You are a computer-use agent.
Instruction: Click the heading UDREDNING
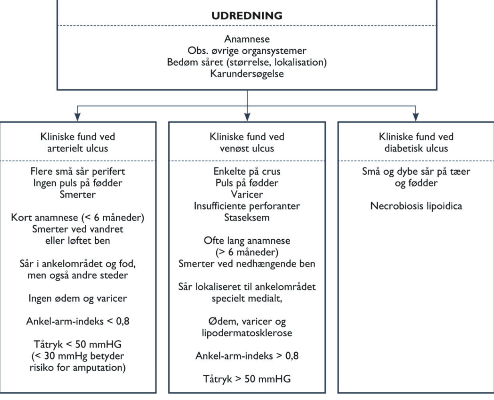click(247, 16)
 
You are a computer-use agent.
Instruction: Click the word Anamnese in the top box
click(247, 39)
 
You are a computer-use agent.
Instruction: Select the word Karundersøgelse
click(247, 74)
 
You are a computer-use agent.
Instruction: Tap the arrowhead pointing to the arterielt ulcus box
click(77, 117)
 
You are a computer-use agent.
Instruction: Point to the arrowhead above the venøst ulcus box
click(247, 117)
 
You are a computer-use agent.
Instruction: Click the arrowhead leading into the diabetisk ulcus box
click(415, 117)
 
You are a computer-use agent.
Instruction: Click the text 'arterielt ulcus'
click(77, 148)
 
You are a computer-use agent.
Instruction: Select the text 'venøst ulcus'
click(247, 148)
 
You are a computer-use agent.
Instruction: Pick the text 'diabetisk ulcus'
click(416, 148)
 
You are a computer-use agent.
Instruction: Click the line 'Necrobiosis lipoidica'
click(416, 206)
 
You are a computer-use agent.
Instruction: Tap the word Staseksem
click(247, 218)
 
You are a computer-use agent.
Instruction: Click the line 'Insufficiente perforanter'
click(247, 206)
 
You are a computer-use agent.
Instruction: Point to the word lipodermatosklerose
click(247, 333)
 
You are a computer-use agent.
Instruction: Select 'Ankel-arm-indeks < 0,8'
click(78, 321)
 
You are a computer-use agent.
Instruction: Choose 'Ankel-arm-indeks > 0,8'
click(247, 356)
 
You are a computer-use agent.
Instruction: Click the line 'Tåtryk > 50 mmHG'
click(247, 379)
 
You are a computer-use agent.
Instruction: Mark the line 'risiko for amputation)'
click(77, 368)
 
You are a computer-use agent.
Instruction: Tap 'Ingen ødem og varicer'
click(77, 299)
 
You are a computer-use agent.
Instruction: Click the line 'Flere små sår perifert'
click(77, 172)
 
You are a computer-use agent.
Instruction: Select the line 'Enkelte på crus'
click(247, 172)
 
